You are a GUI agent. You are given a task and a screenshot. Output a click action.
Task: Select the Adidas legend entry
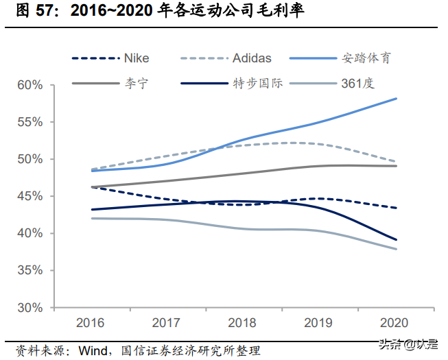coord(251,58)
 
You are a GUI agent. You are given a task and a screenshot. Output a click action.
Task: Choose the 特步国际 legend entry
coord(257,84)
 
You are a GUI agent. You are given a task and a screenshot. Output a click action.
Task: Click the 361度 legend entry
coord(357,84)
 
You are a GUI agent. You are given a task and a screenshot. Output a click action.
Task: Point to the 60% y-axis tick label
coord(30,85)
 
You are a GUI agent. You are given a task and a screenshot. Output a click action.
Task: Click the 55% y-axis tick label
coord(30,122)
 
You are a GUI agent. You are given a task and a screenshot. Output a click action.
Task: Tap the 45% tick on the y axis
coord(30,196)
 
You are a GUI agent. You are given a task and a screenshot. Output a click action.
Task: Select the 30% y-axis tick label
coord(30,308)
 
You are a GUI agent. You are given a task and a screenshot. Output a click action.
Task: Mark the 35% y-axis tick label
coord(30,271)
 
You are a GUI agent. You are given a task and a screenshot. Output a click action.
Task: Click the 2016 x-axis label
coord(91,322)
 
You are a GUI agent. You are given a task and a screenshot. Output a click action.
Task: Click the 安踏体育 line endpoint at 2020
coord(397,99)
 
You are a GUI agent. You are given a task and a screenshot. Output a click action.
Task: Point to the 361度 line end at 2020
coord(397,249)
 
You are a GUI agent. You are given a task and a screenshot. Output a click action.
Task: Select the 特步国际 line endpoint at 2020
coord(397,239)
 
